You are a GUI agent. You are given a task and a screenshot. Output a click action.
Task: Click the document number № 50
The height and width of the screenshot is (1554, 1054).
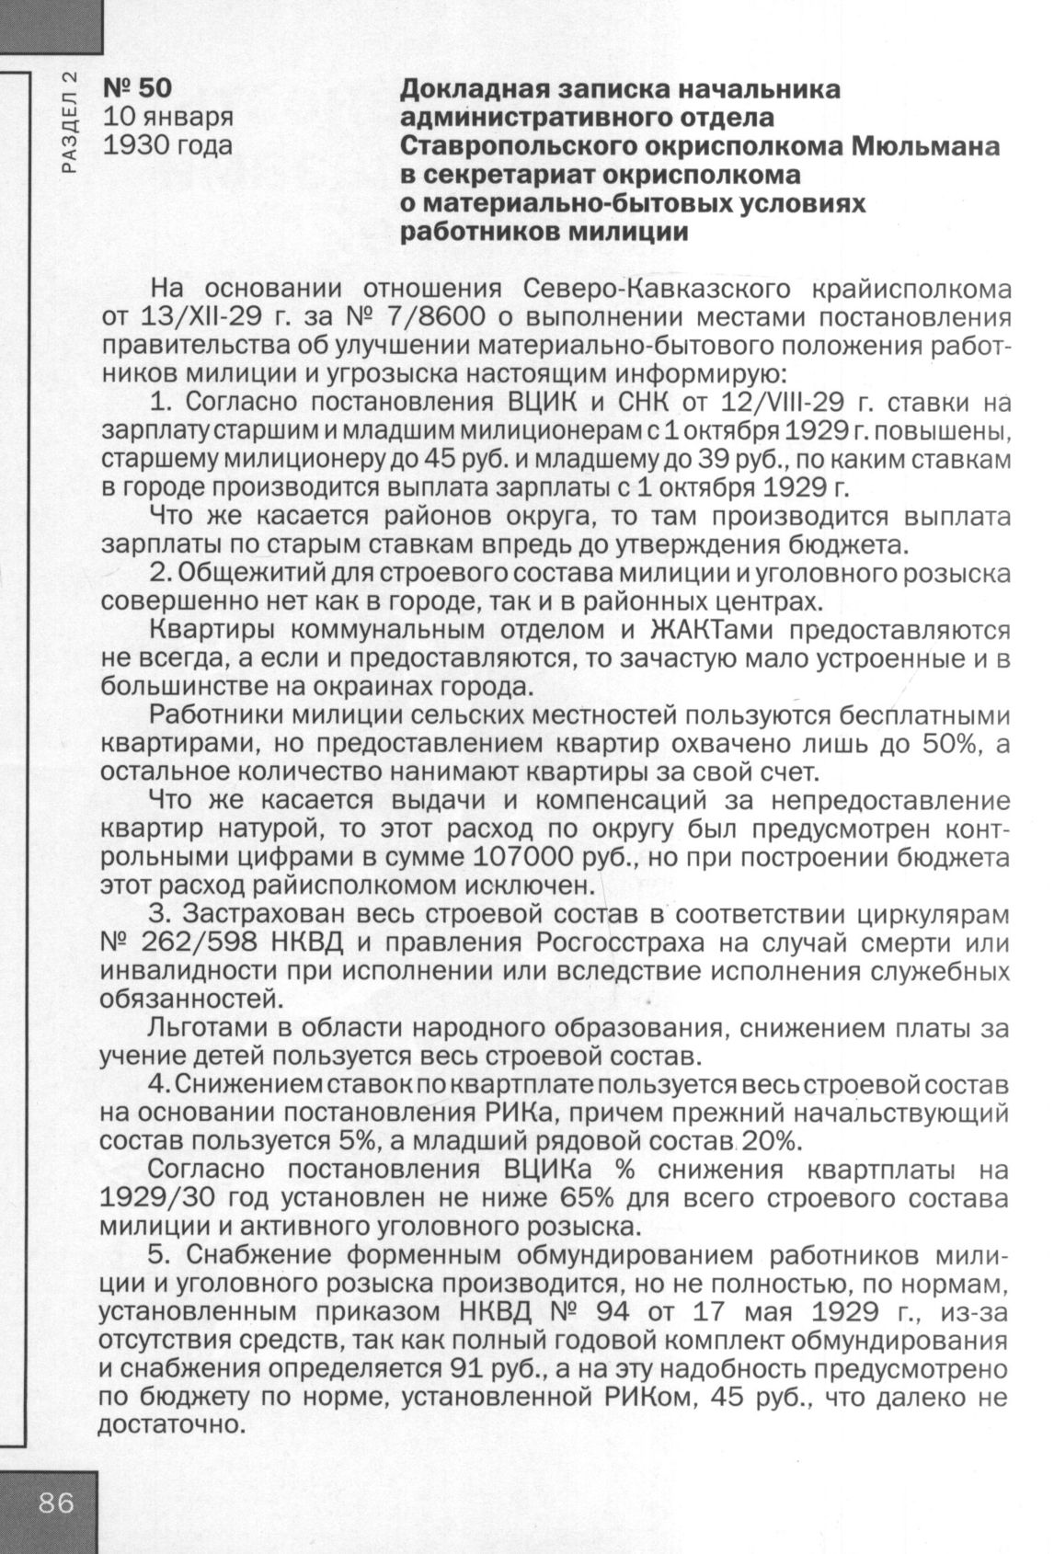(136, 89)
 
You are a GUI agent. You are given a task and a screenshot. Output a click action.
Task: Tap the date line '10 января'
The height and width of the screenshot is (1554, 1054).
(166, 117)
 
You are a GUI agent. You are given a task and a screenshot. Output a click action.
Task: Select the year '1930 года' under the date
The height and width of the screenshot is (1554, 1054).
(166, 144)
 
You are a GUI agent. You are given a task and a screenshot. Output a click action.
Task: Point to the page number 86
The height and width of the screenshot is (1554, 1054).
(56, 1504)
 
